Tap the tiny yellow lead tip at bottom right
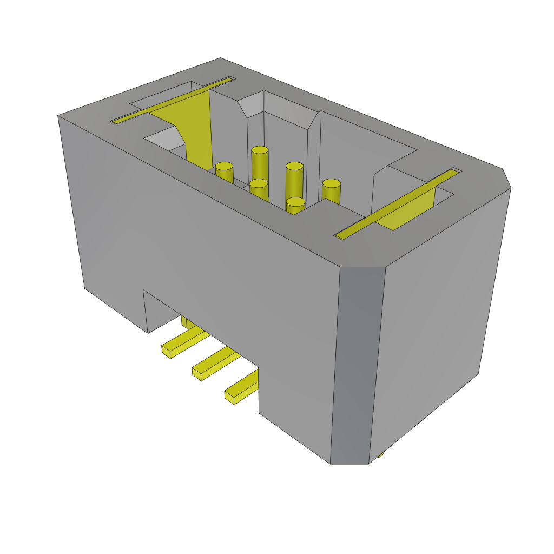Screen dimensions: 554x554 (x=380, y=454)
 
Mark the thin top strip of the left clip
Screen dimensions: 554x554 (x=173, y=100)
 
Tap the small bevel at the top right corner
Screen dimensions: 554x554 (x=507, y=179)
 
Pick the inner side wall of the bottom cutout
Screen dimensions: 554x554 (x=146, y=311)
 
